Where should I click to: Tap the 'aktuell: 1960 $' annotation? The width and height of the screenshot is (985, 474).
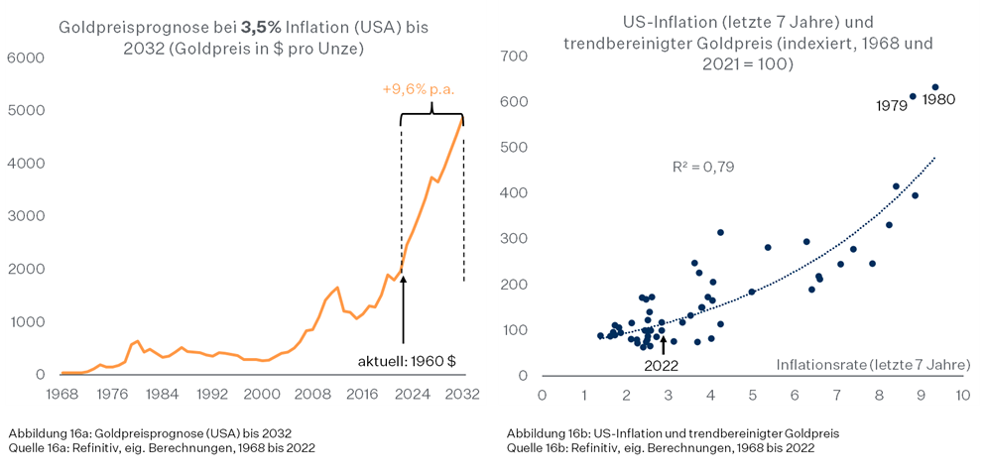coord(407,360)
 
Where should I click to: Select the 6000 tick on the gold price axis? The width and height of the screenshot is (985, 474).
coord(26,58)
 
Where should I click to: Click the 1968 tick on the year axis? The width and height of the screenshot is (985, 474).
coord(62,394)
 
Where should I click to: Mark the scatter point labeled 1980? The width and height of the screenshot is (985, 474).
coord(934,87)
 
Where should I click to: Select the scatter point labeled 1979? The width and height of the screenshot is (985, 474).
coord(913,96)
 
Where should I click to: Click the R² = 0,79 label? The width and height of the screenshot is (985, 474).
coord(703,168)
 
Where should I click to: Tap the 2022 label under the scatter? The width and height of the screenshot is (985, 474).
coord(661,364)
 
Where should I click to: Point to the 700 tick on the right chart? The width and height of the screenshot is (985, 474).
coord(513,57)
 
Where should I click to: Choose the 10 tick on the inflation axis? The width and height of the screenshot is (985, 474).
coord(961,395)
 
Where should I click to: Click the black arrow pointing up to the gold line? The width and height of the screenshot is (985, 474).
coord(403,307)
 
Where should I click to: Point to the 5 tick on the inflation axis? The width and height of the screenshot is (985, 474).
coord(752,395)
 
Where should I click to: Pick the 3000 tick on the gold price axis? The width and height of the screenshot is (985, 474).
coord(26,216)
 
